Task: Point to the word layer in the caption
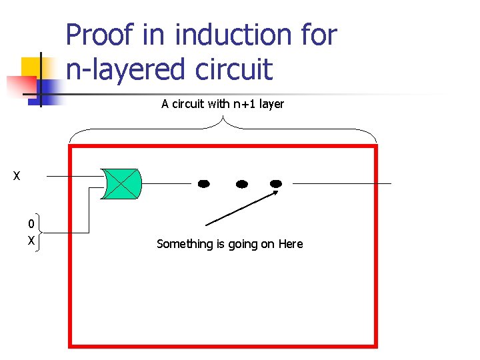tap(271, 104)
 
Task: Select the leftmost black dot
tap(204, 183)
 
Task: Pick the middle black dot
tap(242, 183)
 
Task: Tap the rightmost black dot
tap(275, 183)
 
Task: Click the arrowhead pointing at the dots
tap(273, 194)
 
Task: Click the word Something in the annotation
tap(185, 244)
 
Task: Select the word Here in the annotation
tap(291, 244)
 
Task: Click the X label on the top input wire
tap(17, 177)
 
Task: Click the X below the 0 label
tap(31, 240)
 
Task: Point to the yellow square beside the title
tap(33, 68)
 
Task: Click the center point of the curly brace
tap(223, 120)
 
